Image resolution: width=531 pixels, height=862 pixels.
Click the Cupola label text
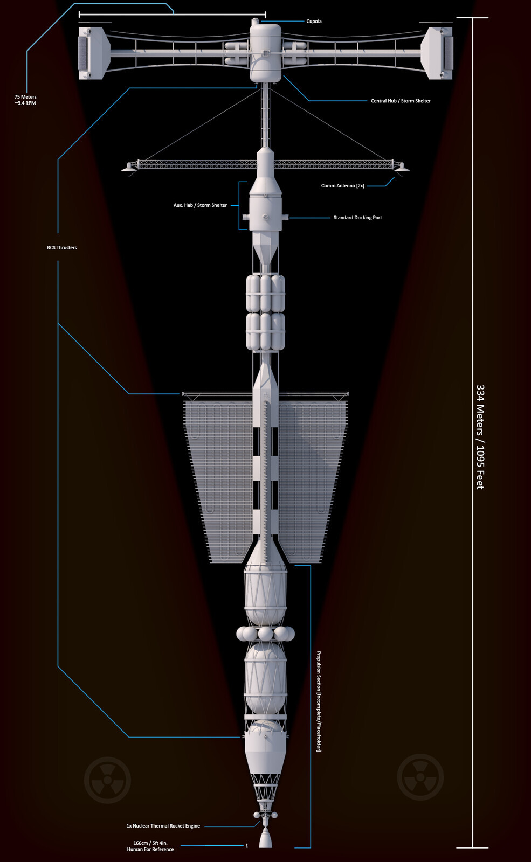pyautogui.click(x=314, y=21)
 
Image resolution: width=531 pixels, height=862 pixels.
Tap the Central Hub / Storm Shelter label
pyautogui.click(x=401, y=101)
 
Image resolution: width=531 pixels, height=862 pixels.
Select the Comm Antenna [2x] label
pyautogui.click(x=343, y=186)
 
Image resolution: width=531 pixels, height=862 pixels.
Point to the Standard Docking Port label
pyautogui.click(x=358, y=218)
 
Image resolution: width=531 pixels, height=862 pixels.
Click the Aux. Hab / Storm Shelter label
pyautogui.click(x=200, y=205)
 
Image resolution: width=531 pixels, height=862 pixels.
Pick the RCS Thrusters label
pyautogui.click(x=61, y=247)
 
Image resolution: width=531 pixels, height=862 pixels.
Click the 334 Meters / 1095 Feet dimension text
pyautogui.click(x=480, y=437)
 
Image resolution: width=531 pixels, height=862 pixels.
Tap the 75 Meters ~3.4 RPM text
pyautogui.click(x=25, y=100)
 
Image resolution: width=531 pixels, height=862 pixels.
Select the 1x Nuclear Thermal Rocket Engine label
pyautogui.click(x=163, y=825)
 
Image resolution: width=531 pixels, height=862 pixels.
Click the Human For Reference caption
pyautogui.click(x=150, y=849)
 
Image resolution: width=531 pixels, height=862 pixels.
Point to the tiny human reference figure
pyautogui.click(x=246, y=845)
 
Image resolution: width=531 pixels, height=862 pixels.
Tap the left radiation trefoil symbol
pyautogui.click(x=107, y=780)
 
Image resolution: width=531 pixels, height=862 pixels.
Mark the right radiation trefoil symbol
pyautogui.click(x=420, y=777)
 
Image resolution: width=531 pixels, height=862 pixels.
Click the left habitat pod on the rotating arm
pyautogui.click(x=94, y=53)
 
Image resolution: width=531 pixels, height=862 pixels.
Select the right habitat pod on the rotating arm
pyautogui.click(x=437, y=53)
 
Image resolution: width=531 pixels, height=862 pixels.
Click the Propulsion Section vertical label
pyautogui.click(x=319, y=701)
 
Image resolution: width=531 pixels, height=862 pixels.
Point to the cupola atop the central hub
pyautogui.click(x=254, y=22)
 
